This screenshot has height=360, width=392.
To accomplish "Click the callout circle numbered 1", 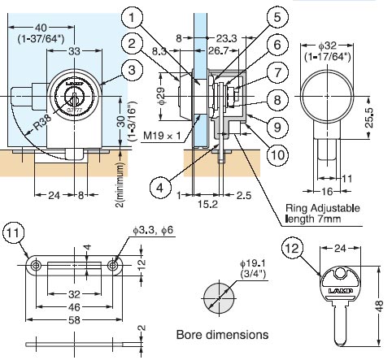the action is (x=132, y=17).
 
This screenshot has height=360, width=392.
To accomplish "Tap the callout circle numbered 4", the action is (x=160, y=187).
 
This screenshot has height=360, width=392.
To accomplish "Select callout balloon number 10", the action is (x=277, y=154).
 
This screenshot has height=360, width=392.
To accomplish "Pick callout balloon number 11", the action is (x=13, y=233).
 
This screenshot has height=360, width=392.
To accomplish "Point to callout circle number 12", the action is (x=292, y=248).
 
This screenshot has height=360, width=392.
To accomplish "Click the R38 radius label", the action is (x=42, y=125).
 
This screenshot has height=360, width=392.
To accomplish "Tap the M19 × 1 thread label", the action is (x=162, y=135).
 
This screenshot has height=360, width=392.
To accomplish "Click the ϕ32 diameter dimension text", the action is (x=328, y=46).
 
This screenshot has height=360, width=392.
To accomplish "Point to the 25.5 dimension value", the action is (x=369, y=117).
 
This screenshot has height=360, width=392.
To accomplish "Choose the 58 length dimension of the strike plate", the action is (x=74, y=320).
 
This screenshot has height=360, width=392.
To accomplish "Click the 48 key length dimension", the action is (x=380, y=306).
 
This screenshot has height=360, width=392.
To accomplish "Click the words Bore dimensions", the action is (x=222, y=335).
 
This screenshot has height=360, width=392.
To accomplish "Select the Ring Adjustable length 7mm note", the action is (x=323, y=213).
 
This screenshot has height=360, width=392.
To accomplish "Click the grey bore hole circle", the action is (x=219, y=298).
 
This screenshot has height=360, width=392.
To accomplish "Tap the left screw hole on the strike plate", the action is (x=36, y=265).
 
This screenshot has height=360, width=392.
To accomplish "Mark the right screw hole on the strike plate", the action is (x=112, y=265).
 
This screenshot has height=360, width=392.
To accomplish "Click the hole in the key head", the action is (x=340, y=272).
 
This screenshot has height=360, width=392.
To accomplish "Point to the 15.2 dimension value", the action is (x=207, y=204).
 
